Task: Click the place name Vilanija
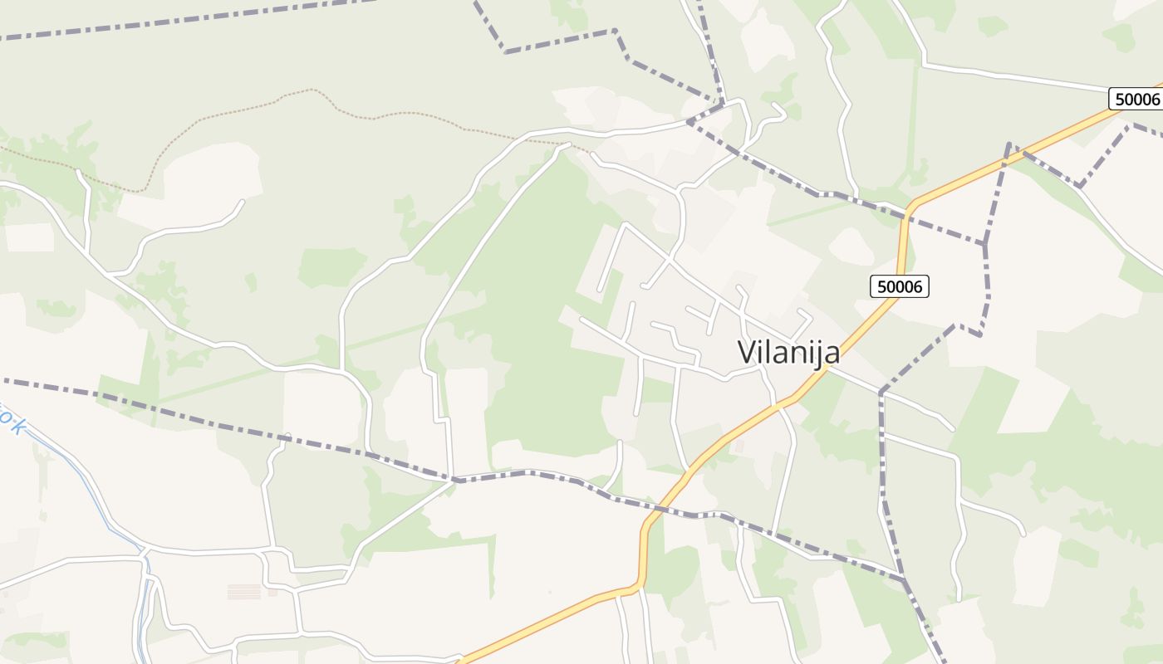pyautogui.click(x=788, y=353)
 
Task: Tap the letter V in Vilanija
pyautogui.click(x=746, y=352)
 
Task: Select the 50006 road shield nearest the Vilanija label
pyautogui.click(x=900, y=286)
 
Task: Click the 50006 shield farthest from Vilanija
pyautogui.click(x=1136, y=99)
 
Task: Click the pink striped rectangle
pyautogui.click(x=244, y=591)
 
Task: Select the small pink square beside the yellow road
pyautogui.click(x=739, y=449)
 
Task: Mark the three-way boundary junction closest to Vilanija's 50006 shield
pyautogui.click(x=985, y=244)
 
